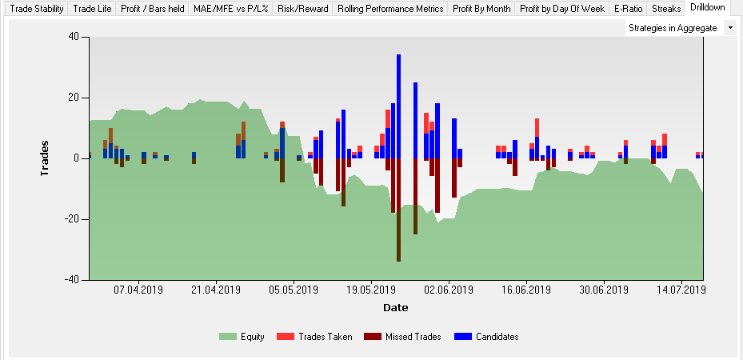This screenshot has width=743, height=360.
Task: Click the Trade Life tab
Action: (x=92, y=9)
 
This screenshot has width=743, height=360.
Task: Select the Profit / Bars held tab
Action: (x=152, y=9)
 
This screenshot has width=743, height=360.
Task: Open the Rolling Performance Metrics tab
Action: (x=389, y=9)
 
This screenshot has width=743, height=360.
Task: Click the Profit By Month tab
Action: (x=481, y=9)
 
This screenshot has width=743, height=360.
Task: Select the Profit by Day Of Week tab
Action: (x=561, y=9)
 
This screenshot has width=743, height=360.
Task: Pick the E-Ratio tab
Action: (x=628, y=9)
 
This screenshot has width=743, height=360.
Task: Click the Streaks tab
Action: (x=666, y=9)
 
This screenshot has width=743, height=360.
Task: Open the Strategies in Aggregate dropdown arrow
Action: (x=729, y=28)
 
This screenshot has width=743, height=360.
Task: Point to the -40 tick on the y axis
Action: (x=73, y=280)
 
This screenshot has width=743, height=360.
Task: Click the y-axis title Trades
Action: (x=47, y=158)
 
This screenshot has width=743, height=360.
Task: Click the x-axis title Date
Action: (x=395, y=307)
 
